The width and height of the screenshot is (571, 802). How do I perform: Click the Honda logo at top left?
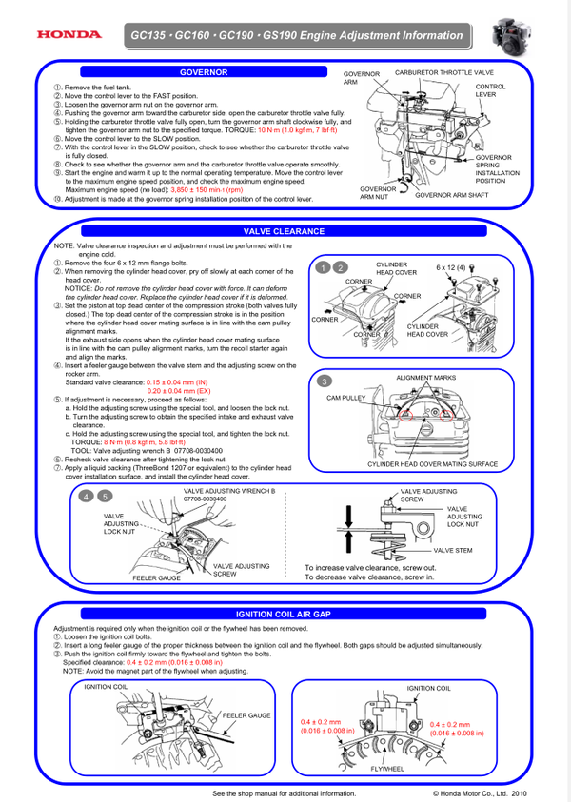pyautogui.click(x=69, y=35)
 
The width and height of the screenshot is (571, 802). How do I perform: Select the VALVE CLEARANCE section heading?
pyautogui.click(x=284, y=231)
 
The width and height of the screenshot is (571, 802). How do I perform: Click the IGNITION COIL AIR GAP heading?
pyautogui.click(x=284, y=615)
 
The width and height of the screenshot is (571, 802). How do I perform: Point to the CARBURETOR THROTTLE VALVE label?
pyautogui.click(x=443, y=73)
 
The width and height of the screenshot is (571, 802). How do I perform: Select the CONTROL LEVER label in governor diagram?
pyautogui.click(x=491, y=90)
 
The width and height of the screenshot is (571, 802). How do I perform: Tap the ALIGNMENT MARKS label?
pyautogui.click(x=425, y=378)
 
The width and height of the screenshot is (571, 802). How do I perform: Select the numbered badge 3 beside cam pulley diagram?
pyautogui.click(x=325, y=381)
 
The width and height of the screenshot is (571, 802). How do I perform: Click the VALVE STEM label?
pyautogui.click(x=453, y=550)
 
